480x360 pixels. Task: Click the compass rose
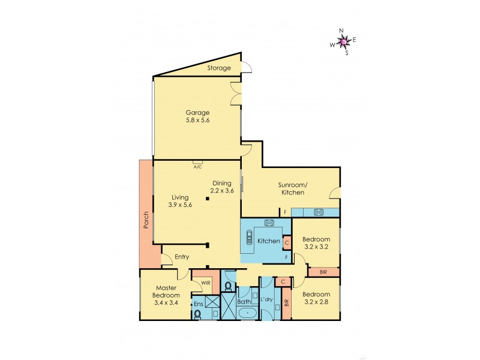pos(343,41)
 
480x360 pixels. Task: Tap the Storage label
pos(219,68)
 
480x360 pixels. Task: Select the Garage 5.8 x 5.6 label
pos(197,116)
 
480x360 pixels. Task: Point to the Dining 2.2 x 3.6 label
pos(221,187)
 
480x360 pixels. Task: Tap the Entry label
pos(182,257)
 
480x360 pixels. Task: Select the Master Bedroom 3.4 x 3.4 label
pos(166,296)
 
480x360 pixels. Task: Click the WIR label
pos(205,282)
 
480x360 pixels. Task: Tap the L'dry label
pos(267,299)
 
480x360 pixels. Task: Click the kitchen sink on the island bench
pos(249,238)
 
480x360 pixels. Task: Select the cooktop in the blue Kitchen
pos(269,223)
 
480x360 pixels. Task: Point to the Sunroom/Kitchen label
pos(292,188)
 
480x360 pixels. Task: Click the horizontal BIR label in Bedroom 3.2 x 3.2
pos(323,272)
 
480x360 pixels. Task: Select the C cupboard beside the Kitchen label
pos(286,243)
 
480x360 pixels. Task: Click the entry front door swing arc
pos(165,260)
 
